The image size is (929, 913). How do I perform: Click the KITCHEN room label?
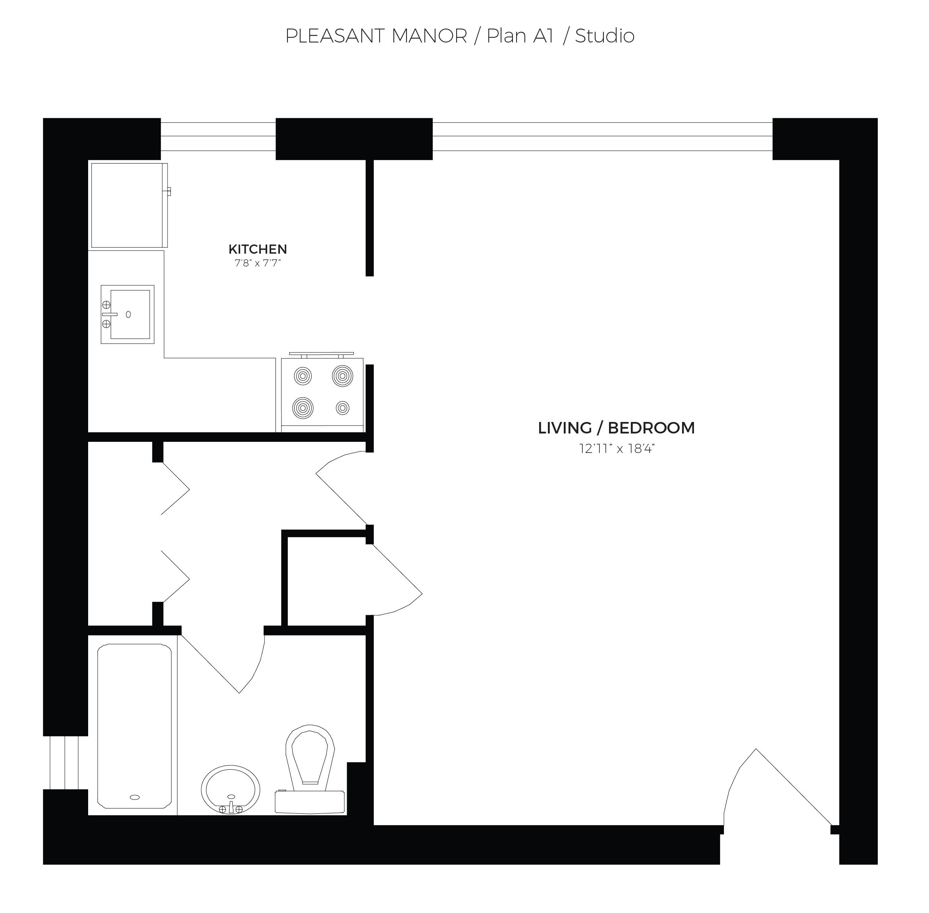(x=258, y=249)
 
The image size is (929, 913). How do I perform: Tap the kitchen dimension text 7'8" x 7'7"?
(x=258, y=263)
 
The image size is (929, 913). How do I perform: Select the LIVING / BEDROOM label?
(x=616, y=428)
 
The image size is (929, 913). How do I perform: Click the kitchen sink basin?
(x=130, y=314)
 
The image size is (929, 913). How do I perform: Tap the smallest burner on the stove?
(x=343, y=408)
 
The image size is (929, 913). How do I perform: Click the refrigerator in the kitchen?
(x=128, y=205)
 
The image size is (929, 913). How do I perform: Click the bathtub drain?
(x=135, y=797)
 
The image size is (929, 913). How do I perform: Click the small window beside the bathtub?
(x=64, y=763)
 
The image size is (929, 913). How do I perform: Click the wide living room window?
(x=602, y=136)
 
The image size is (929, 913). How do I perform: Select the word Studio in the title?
(x=604, y=36)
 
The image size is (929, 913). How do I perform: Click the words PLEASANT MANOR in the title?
(x=376, y=36)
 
